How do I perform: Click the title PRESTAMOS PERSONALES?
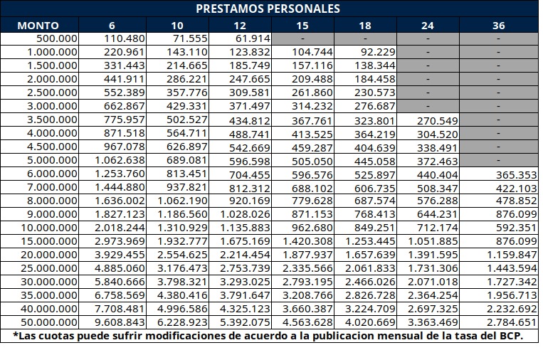(268, 9)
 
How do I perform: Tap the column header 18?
(365, 25)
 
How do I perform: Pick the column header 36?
(498, 25)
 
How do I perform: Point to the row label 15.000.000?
(48, 241)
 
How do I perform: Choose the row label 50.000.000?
(48, 322)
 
